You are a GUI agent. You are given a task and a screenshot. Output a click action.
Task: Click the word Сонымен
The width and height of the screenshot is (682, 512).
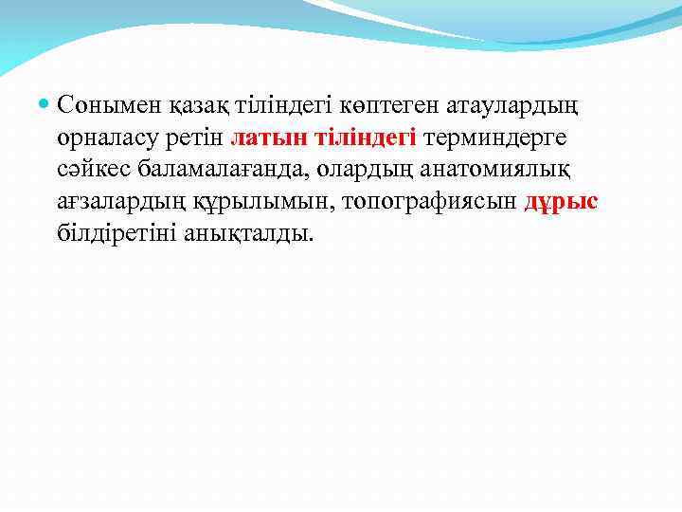[x=102, y=103]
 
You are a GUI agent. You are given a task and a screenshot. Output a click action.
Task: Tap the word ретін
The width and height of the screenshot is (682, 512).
[x=199, y=137]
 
